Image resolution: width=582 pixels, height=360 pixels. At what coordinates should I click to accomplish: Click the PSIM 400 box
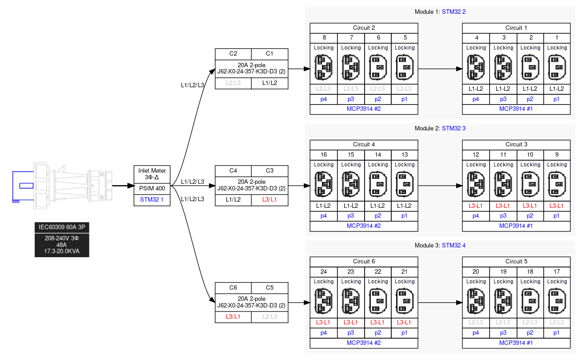(x=152, y=188)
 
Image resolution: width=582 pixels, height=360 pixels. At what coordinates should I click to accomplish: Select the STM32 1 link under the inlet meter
(x=152, y=199)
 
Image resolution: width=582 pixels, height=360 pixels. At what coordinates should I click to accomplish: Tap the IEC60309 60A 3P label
(x=62, y=227)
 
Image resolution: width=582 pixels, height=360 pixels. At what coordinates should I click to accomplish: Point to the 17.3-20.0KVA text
(x=62, y=251)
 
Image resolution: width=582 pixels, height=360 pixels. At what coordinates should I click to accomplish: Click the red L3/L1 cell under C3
(x=269, y=199)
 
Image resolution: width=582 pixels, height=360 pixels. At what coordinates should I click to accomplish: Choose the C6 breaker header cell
(x=233, y=287)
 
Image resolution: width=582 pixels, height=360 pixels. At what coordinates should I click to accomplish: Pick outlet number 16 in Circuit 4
(x=324, y=154)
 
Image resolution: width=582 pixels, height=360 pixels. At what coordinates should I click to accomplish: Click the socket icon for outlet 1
(x=557, y=67)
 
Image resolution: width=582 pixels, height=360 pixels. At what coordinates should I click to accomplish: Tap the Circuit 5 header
(x=516, y=261)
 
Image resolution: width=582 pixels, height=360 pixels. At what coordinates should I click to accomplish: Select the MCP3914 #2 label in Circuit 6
(x=364, y=343)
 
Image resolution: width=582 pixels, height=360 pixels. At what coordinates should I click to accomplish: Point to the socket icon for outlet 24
(x=324, y=301)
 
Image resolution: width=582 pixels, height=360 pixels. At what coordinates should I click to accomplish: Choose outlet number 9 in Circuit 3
(x=557, y=154)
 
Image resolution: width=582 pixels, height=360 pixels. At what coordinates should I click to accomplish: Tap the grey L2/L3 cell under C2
(x=233, y=83)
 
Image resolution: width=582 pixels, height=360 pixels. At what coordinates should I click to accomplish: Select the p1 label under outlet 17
(x=557, y=332)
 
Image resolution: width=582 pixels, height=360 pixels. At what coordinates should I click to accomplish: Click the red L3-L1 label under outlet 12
(x=476, y=206)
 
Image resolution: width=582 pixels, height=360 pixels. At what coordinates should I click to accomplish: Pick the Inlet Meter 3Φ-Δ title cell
(x=152, y=174)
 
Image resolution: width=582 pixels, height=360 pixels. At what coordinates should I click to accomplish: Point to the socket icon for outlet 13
(x=405, y=184)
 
